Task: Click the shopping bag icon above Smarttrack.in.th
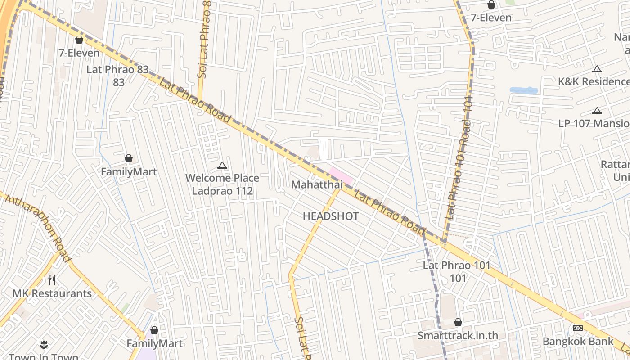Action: pos(458,322)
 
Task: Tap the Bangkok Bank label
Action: pos(578,341)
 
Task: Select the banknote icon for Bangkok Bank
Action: pos(578,328)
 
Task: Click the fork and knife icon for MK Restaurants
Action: pos(52,280)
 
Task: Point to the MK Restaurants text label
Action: pos(52,293)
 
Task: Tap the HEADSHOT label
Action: pos(331,216)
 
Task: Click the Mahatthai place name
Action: pos(317,184)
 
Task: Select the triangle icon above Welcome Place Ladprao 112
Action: pos(222,166)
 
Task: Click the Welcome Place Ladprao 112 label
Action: pos(222,184)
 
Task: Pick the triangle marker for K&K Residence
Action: pos(597,69)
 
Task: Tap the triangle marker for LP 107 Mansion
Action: pos(597,111)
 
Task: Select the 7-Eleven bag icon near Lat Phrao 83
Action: pos(79,40)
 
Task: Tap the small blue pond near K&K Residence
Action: pos(523,90)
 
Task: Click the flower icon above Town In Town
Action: pos(44,345)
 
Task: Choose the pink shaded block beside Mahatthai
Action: pos(341,175)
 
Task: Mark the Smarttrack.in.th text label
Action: pos(458,336)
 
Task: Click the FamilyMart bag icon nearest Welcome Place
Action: pos(129,158)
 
